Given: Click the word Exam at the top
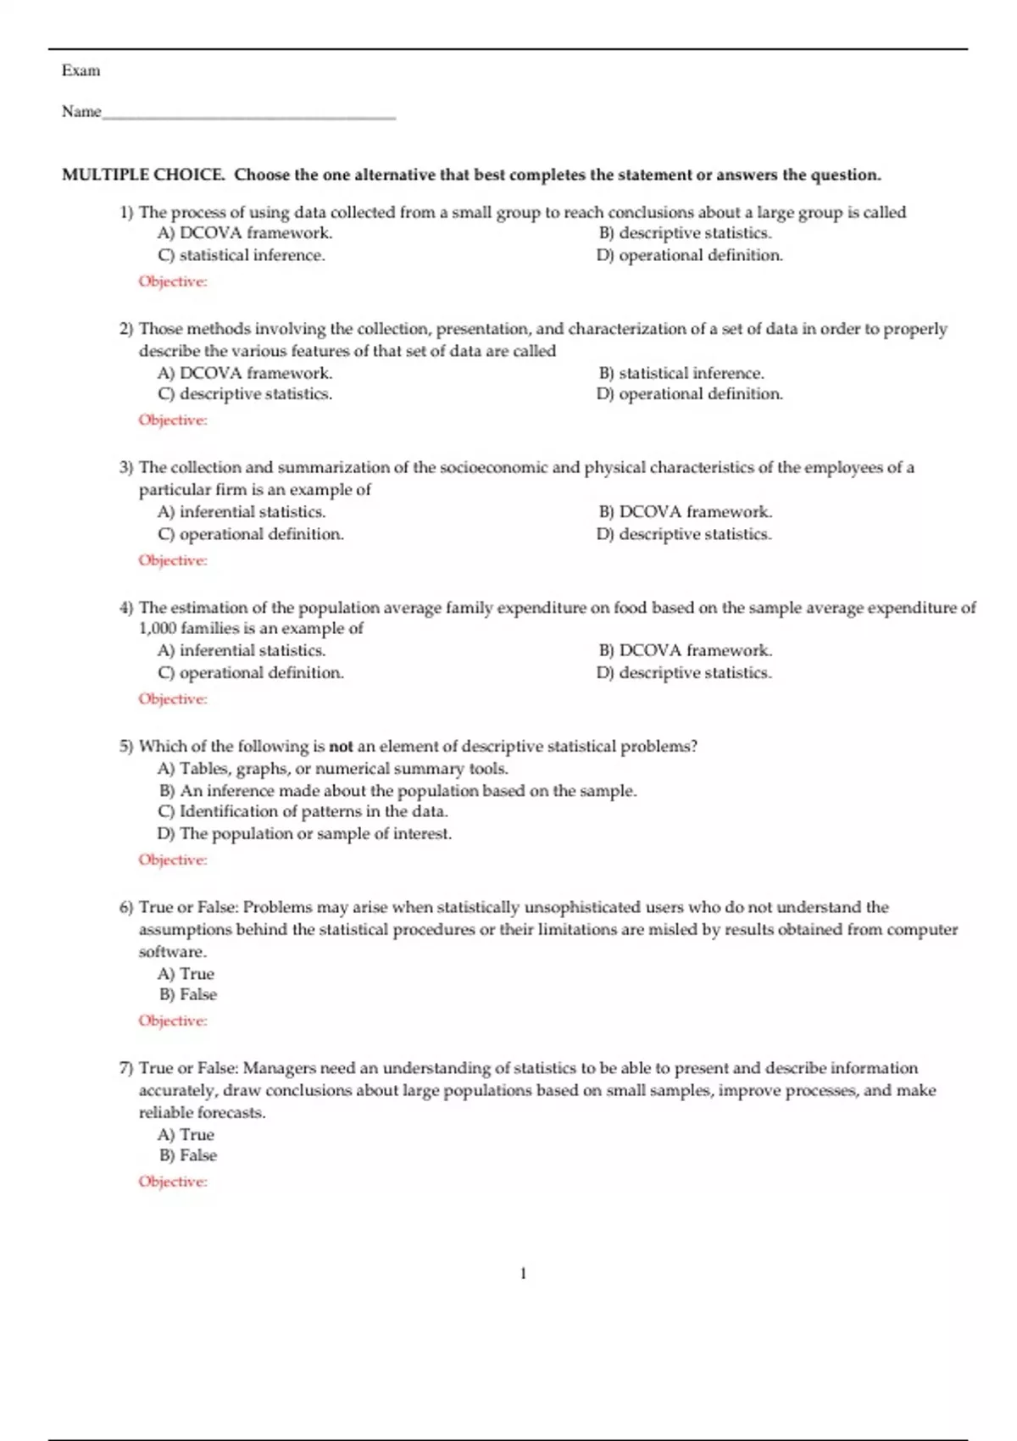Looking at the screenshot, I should (81, 70).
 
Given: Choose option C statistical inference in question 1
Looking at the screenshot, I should (242, 255).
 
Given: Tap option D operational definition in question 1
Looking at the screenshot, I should (690, 255).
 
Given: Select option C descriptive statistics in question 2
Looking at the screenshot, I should (245, 394).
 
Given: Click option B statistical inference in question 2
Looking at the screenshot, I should (681, 373).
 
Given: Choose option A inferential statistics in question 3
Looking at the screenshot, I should (242, 512).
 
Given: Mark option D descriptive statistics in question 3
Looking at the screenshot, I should (685, 534).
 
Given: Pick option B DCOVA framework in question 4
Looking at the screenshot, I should (686, 650).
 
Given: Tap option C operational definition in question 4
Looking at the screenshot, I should (251, 673).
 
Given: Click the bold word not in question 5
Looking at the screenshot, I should (341, 747).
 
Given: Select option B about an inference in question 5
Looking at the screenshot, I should (397, 791).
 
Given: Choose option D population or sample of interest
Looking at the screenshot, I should (305, 834).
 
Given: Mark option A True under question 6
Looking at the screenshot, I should (186, 974).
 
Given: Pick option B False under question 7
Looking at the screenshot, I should (188, 1155).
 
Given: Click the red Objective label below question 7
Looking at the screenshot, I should (173, 1182).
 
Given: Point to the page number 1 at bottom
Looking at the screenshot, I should (523, 1273).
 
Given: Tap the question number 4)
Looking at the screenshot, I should (126, 608).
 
